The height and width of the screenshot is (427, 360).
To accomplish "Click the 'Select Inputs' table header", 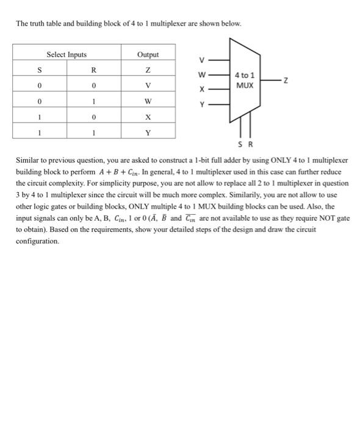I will pyautogui.click(x=67, y=55).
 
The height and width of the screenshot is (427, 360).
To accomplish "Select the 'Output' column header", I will pyautogui.click(x=148, y=55).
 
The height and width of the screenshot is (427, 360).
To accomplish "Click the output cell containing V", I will pyautogui.click(x=148, y=85).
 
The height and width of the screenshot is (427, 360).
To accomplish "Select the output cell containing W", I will pyautogui.click(x=148, y=101).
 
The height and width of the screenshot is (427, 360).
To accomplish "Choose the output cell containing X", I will pyautogui.click(x=148, y=116).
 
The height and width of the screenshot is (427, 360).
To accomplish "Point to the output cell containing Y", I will pyautogui.click(x=148, y=131).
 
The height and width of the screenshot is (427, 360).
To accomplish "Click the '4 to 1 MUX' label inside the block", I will pyautogui.click(x=245, y=81).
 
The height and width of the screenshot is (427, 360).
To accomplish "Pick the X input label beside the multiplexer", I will pyautogui.click(x=202, y=90).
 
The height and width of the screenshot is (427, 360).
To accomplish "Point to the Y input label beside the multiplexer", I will pyautogui.click(x=202, y=104).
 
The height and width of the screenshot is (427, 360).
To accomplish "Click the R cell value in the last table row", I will pyautogui.click(x=95, y=131).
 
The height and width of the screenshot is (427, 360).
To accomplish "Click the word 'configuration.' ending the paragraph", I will pyautogui.click(x=38, y=241).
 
